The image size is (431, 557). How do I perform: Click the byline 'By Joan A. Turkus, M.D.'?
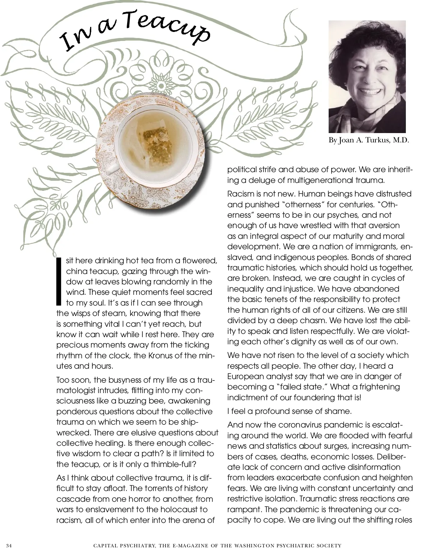pyautogui.click(x=369, y=140)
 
